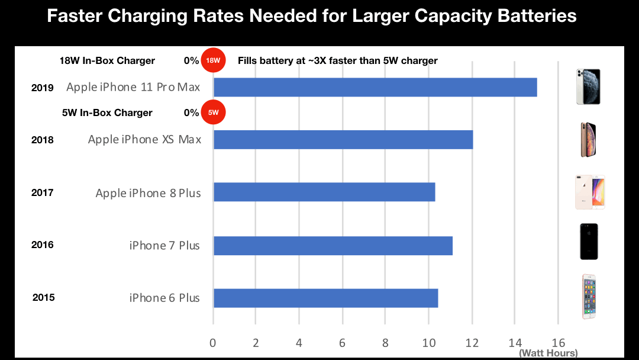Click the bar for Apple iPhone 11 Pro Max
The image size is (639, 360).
[375, 87]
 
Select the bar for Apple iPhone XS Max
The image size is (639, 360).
[343, 140]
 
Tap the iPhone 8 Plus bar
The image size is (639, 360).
[324, 192]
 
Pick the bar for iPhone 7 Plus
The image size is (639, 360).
[333, 245]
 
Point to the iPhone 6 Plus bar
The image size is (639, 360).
[325, 298]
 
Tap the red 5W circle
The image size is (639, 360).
[213, 112]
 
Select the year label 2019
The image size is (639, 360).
[43, 88]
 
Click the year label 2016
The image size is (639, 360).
[43, 245]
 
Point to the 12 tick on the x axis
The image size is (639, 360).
[472, 342]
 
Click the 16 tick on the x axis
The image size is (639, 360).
[558, 342]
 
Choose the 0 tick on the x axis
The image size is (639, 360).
[213, 342]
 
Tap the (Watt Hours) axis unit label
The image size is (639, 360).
[548, 353]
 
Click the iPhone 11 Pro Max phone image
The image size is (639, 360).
[588, 86]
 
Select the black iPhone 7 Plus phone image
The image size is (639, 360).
[589, 242]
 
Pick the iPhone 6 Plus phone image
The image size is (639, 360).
[589, 296]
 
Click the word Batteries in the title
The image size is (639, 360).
[531, 16]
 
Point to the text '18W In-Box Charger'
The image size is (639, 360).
[107, 60]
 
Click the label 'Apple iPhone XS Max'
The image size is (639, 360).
[144, 140]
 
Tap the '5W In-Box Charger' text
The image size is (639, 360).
[107, 112]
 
